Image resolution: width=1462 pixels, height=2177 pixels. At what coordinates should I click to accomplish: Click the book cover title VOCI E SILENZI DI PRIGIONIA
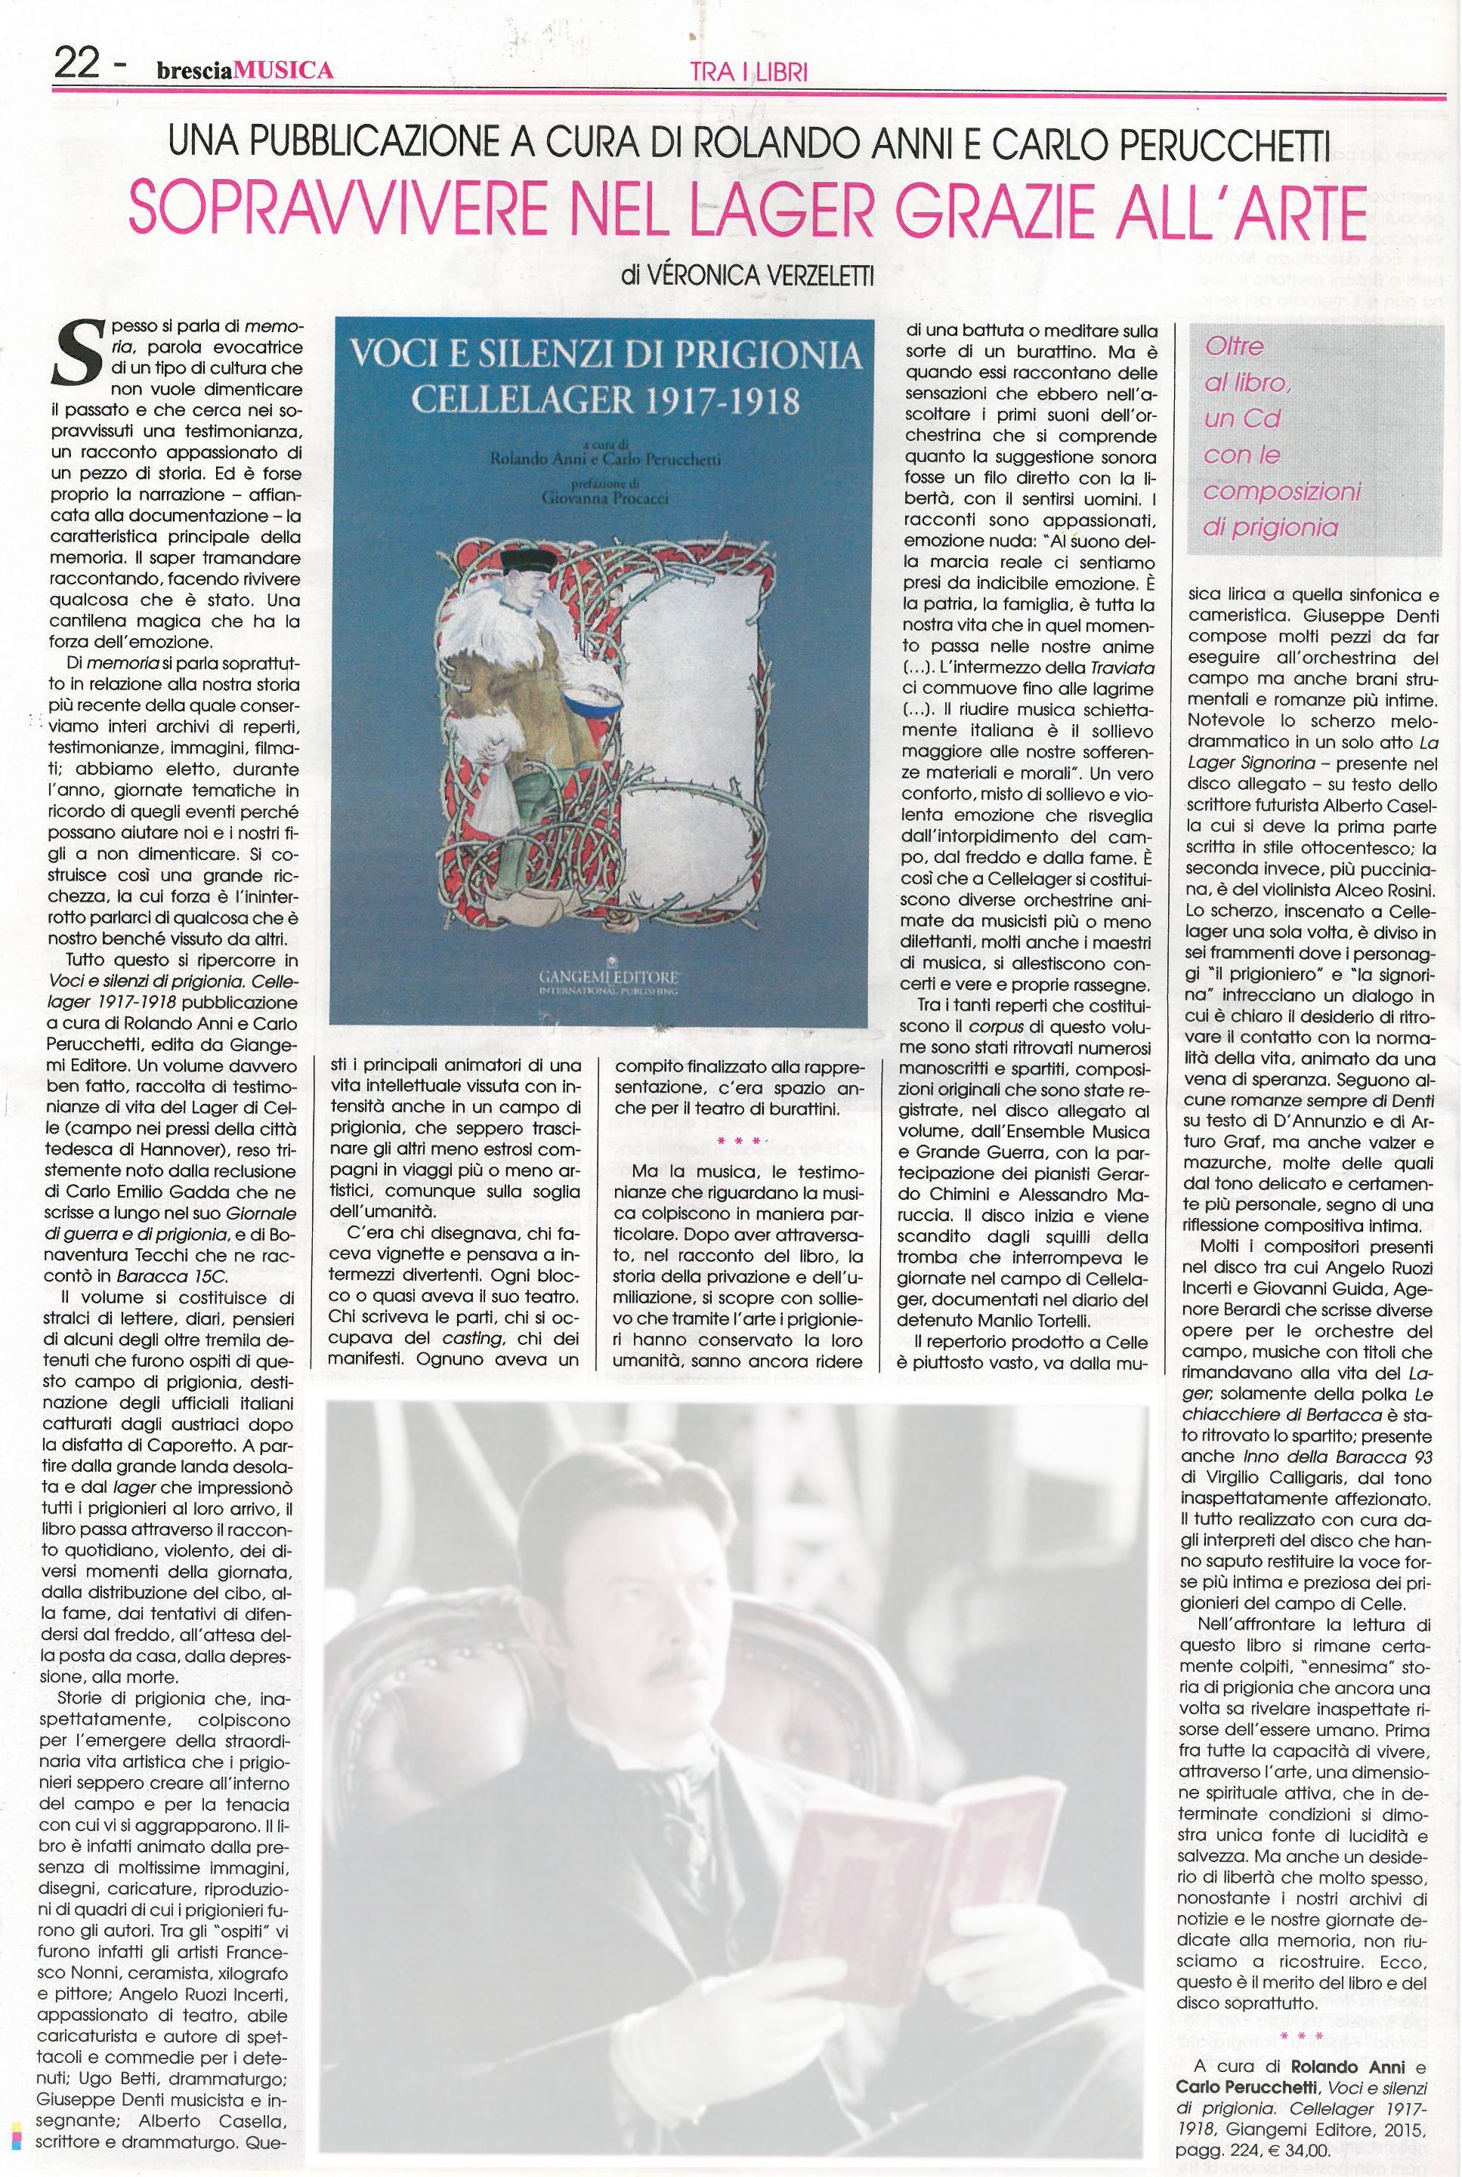[x=601, y=355]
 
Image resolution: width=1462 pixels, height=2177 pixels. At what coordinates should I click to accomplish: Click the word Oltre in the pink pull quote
[x=1235, y=347]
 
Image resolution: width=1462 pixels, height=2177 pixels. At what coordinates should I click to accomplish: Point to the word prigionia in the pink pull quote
[x=1270, y=528]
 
